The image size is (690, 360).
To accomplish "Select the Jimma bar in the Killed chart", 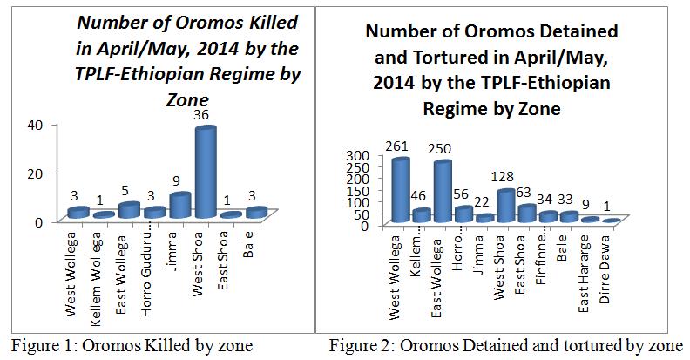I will coord(178,206).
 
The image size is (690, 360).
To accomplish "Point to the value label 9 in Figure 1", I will coord(177,184).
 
